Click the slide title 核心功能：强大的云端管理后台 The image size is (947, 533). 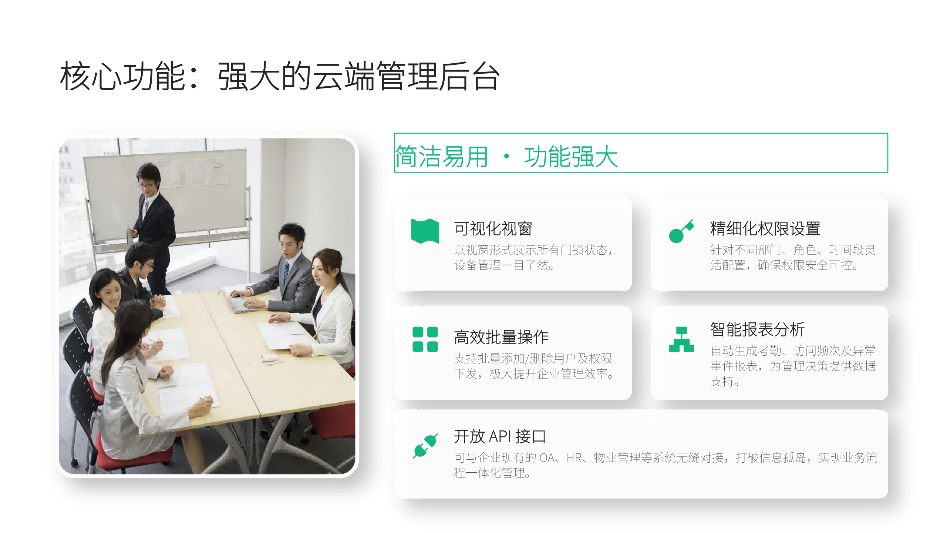tap(280, 77)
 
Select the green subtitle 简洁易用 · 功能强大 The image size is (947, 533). tap(506, 156)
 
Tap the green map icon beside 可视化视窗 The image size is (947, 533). tap(425, 231)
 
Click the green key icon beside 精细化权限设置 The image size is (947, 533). tap(681, 231)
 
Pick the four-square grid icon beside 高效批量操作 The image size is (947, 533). tap(425, 339)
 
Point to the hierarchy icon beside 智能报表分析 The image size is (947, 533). tap(681, 339)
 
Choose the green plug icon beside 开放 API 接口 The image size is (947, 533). tap(425, 446)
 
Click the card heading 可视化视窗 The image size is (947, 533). tap(493, 228)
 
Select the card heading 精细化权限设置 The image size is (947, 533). tap(765, 228)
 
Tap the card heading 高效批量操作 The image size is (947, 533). tap(501, 337)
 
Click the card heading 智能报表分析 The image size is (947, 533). tap(757, 329)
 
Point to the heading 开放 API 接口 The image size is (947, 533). tap(500, 436)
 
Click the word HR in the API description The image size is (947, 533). tap(574, 458)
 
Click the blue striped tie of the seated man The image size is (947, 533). tap(286, 271)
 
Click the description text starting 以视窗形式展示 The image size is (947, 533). tap(534, 258)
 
